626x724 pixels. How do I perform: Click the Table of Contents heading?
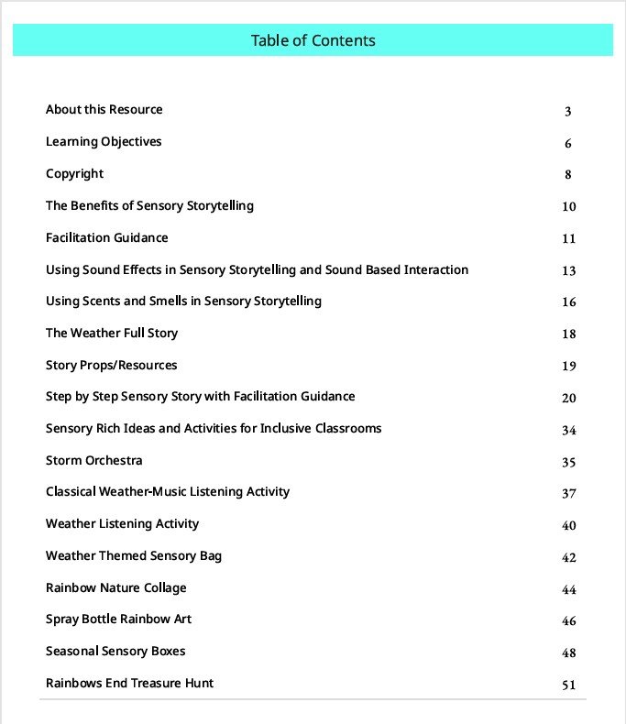(313, 40)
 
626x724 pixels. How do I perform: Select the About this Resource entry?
(104, 110)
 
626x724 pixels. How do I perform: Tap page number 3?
(568, 112)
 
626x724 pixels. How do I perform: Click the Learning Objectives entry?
(104, 142)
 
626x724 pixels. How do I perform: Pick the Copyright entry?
(74, 174)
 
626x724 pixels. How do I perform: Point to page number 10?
(569, 207)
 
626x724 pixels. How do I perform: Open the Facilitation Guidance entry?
(106, 238)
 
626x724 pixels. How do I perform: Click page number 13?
(569, 270)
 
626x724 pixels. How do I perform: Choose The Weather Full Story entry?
(111, 334)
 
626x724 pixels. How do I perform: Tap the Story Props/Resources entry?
(111, 366)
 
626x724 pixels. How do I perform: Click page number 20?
(569, 398)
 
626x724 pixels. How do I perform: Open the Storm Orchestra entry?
(93, 461)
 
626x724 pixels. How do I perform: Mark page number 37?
(569, 493)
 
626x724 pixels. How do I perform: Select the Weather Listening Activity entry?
(122, 524)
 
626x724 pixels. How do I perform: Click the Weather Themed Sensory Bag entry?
(133, 556)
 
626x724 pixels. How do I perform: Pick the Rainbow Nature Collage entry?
(115, 588)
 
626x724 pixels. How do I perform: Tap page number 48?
(569, 653)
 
